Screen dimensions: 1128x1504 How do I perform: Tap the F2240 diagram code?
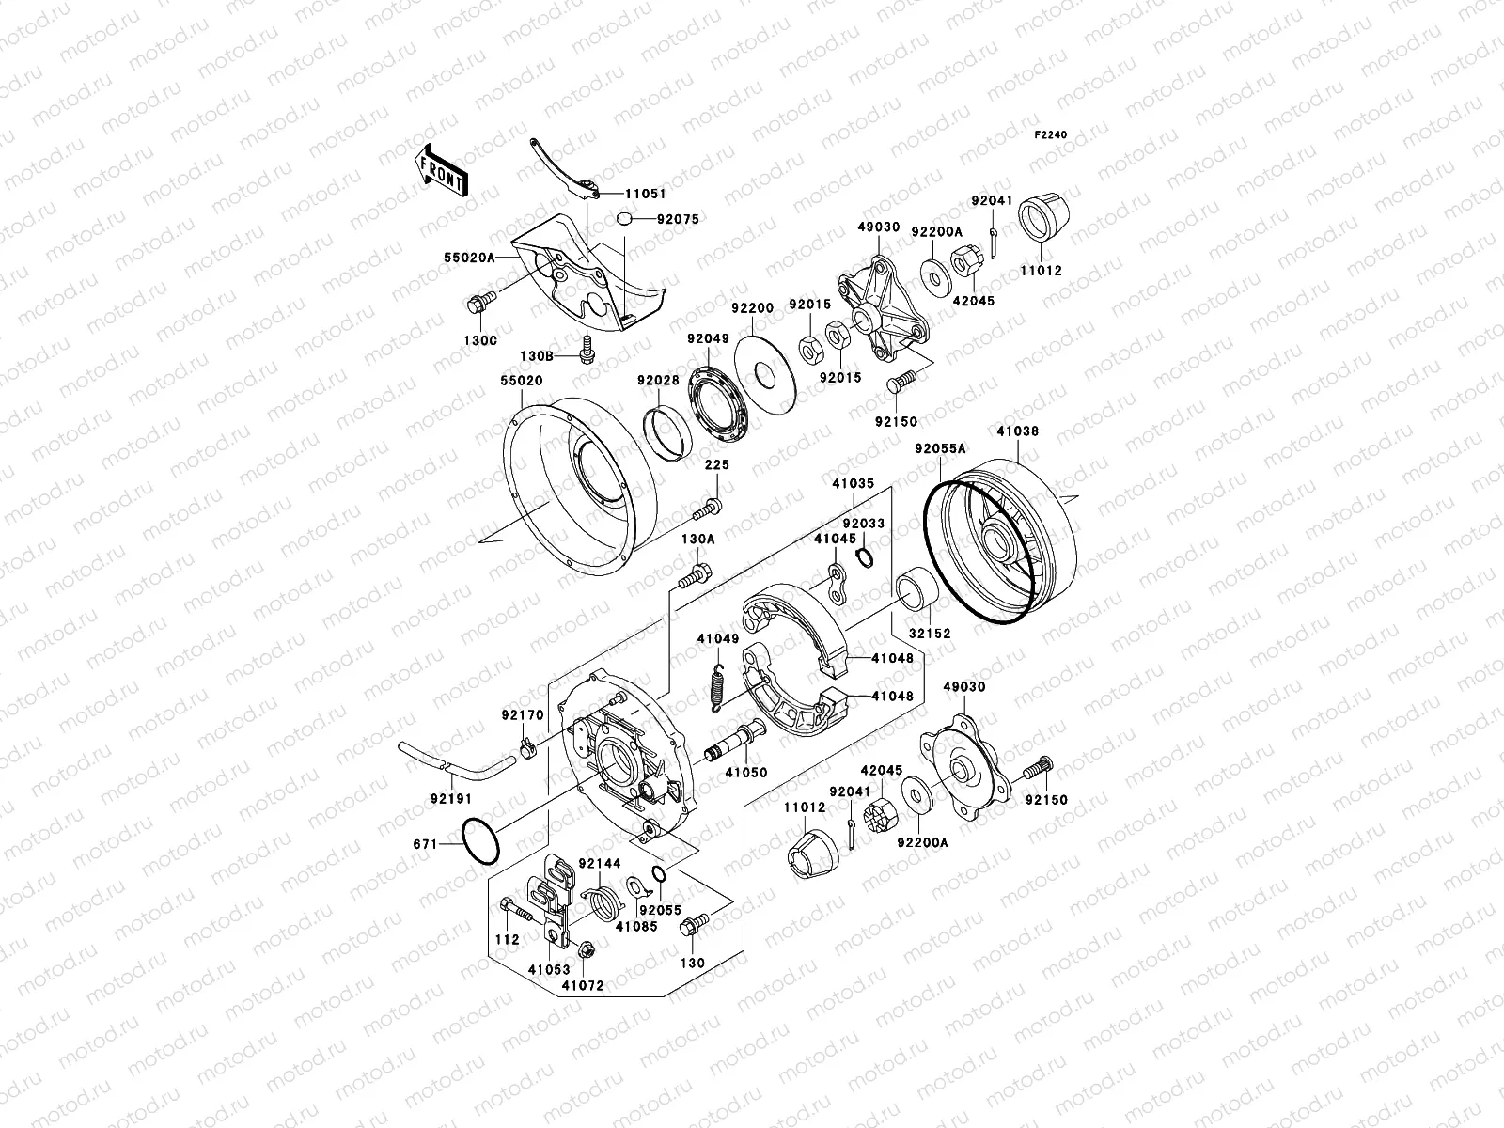pyautogui.click(x=1051, y=135)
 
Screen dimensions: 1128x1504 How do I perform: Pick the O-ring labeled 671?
pyautogui.click(x=480, y=840)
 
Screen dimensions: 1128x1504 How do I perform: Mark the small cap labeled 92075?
pyautogui.click(x=621, y=219)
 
